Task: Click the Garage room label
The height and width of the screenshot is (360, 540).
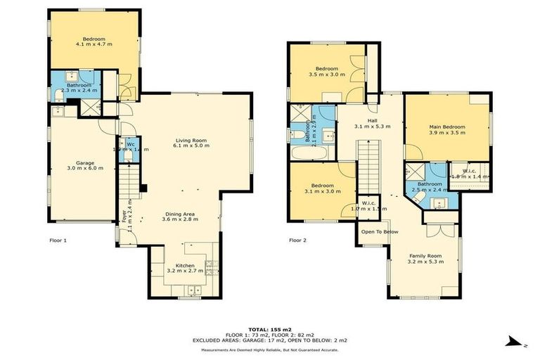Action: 80,162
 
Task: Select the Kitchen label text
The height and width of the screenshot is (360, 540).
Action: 185,266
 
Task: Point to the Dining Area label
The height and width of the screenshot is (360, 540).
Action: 181,214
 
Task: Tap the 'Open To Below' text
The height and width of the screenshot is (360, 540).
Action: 380,231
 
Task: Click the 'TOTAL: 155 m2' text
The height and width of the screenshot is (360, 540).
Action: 270,329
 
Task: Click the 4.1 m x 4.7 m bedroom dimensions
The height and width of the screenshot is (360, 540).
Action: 94,44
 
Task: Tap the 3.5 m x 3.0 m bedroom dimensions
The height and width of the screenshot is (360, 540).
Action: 327,74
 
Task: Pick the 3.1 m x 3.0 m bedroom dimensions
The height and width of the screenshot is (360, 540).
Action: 322,191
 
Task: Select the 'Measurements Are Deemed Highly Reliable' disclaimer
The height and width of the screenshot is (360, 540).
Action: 270,349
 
